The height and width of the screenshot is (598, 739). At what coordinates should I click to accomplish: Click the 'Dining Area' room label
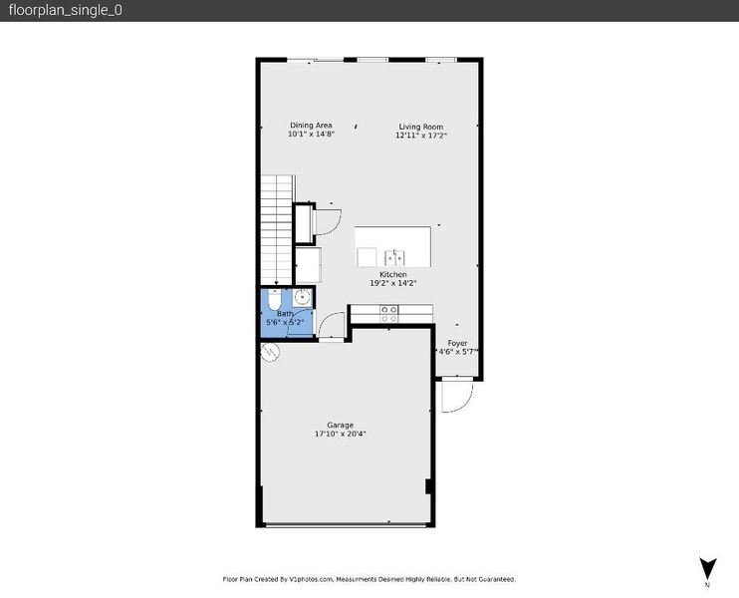[x=311, y=126]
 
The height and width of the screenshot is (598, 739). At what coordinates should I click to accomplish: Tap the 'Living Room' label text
[x=420, y=127]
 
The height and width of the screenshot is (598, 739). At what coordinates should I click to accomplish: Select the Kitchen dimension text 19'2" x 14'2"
[x=392, y=283]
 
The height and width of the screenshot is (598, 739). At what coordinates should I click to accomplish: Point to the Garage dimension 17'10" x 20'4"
[x=340, y=434]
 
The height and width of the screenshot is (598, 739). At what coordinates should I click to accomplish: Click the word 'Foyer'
[x=457, y=343]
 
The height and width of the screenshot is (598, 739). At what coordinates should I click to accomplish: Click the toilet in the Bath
[x=276, y=299]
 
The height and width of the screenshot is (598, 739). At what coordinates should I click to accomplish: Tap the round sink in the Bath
[x=302, y=297]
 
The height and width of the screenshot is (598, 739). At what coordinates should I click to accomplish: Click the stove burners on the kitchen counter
[x=389, y=314]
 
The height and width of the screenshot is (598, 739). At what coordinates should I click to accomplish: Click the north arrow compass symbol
[x=707, y=567]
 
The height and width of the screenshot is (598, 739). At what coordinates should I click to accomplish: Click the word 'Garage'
[x=340, y=425]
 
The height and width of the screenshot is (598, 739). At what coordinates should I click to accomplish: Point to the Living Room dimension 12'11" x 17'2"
[x=420, y=136]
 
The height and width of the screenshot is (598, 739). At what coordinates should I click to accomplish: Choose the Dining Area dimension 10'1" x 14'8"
[x=311, y=135]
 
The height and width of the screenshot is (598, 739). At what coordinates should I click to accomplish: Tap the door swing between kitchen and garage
[x=334, y=324]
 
